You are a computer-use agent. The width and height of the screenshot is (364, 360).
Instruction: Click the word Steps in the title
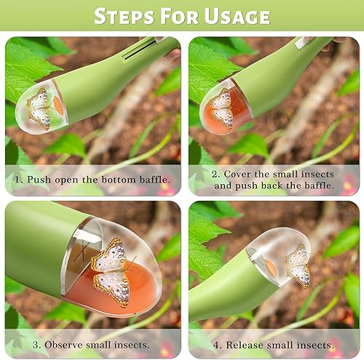[124, 16]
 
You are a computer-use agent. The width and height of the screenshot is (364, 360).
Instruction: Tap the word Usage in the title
[237, 16]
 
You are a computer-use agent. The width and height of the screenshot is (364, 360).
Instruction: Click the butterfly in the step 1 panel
[39, 108]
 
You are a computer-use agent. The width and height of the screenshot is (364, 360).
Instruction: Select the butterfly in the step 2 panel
[221, 108]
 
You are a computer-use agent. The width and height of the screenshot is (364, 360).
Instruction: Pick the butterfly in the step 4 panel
[298, 265]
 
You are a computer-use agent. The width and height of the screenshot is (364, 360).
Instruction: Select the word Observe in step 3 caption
[63, 345]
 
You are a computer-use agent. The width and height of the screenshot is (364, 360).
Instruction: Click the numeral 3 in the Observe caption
[36, 345]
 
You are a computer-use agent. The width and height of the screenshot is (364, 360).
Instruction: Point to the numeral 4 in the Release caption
[216, 345]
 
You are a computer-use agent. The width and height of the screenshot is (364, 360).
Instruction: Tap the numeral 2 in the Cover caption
[215, 174]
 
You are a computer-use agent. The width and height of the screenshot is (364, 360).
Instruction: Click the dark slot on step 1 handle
[139, 49]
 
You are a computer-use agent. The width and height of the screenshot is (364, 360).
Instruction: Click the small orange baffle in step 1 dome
[58, 105]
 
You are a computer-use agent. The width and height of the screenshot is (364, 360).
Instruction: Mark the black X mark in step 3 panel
[82, 252]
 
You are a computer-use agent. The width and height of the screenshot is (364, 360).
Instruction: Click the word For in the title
[179, 16]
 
